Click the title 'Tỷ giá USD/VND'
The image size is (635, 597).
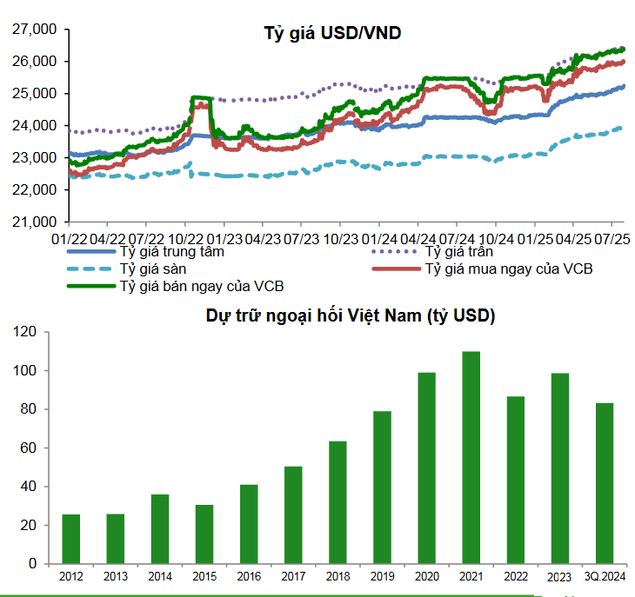332,34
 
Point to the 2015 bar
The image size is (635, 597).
204,534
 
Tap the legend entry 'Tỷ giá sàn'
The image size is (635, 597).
151,269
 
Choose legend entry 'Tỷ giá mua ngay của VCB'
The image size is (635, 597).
508,269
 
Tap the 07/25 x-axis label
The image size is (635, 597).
613,236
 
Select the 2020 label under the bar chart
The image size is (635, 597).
426,576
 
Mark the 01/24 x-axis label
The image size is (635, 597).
379,236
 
